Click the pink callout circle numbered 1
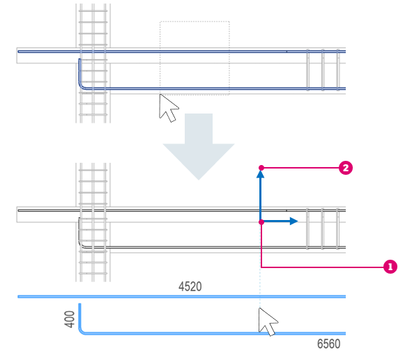pyautogui.click(x=390, y=267)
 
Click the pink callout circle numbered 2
pyautogui.click(x=346, y=168)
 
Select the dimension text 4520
pyautogui.click(x=190, y=286)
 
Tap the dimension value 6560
pyautogui.click(x=329, y=344)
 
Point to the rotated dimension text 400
pyautogui.click(x=70, y=319)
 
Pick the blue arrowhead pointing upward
pyautogui.click(x=260, y=174)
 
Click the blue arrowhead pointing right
pyautogui.click(x=293, y=221)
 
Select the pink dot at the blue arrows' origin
pyautogui.click(x=261, y=222)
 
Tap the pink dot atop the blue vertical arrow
pyautogui.click(x=261, y=168)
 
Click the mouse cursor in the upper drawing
pyautogui.click(x=167, y=107)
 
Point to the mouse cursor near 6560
pyautogui.click(x=267, y=322)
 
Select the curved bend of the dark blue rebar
pyautogui.click(x=82, y=86)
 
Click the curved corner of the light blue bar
pyautogui.click(x=82, y=331)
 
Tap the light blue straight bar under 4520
pyautogui.click(x=181, y=297)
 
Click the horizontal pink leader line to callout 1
pyautogui.click(x=322, y=267)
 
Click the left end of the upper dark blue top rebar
pyautogui.click(x=18, y=52)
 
